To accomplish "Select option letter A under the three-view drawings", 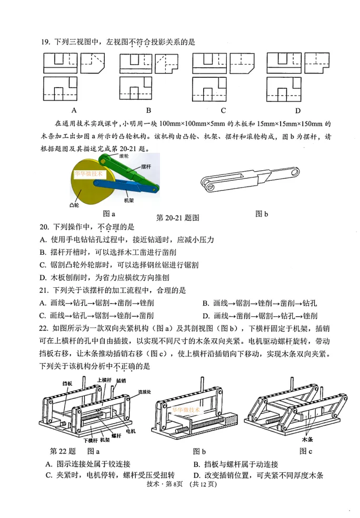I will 74,110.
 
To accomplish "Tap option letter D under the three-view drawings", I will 298,110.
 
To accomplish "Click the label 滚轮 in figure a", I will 124,156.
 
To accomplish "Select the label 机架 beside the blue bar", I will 129,200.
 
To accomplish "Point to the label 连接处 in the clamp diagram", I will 145,392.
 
